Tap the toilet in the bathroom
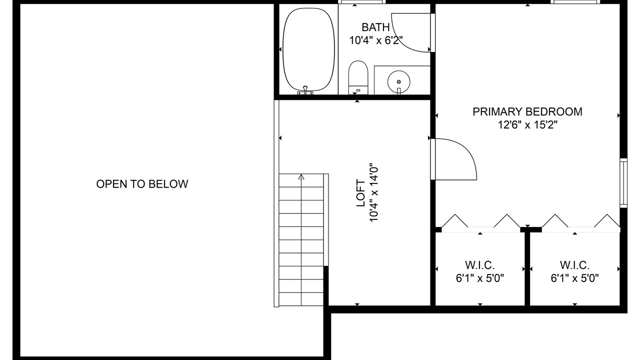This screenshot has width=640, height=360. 358,77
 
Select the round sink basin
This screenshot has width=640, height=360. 398,81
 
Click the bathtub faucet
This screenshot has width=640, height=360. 305,90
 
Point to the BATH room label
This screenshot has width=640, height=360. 375,27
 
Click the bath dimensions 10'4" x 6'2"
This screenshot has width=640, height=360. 376,40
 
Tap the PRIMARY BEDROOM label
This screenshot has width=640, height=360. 527,111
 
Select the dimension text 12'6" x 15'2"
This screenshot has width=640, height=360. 527,125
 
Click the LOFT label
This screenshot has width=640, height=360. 361,193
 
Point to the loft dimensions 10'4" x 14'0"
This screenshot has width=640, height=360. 373,193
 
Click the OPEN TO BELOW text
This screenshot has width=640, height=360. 142,184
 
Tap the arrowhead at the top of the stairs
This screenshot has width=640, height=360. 301,177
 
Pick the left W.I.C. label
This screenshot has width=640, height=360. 479,265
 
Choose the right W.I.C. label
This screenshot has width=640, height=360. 574,265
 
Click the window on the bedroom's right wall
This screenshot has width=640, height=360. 623,183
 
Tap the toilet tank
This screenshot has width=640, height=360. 358,89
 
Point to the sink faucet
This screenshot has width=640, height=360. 399,91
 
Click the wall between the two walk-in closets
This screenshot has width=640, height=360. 527,268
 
